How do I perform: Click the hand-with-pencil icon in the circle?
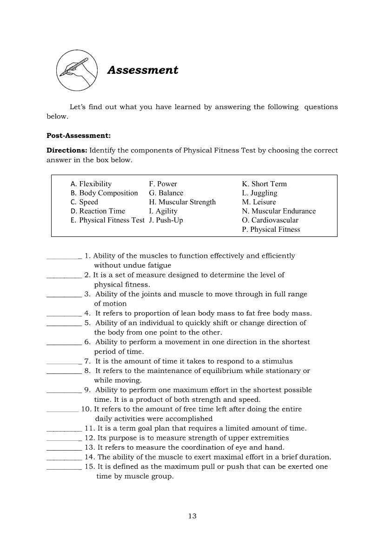coord(77,70)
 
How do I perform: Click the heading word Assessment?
coord(143,70)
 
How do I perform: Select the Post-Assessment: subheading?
coord(79,136)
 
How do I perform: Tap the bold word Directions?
coord(67,150)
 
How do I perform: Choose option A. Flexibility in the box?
coord(91,184)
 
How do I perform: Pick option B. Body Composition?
coord(104,193)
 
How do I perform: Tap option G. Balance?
coord(166,193)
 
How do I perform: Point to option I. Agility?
coord(163,211)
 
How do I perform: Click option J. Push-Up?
coord(166,220)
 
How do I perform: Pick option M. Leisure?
coord(259,202)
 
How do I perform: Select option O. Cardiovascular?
coord(270,220)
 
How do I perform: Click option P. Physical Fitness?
coord(271,229)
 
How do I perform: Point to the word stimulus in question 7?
coord(278,361)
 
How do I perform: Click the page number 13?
coord(192,516)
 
